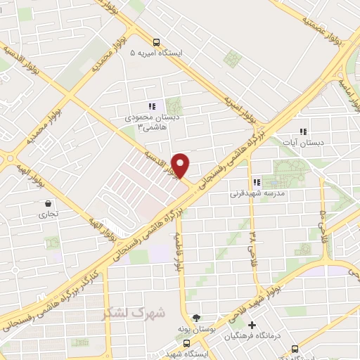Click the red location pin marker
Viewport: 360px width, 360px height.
181,165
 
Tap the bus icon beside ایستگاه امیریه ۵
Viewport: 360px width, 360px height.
156,41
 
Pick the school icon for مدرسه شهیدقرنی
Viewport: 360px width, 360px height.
266,182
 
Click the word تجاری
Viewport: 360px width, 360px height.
48,214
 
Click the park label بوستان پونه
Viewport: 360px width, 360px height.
195,328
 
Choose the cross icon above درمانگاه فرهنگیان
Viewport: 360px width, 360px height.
252,325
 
